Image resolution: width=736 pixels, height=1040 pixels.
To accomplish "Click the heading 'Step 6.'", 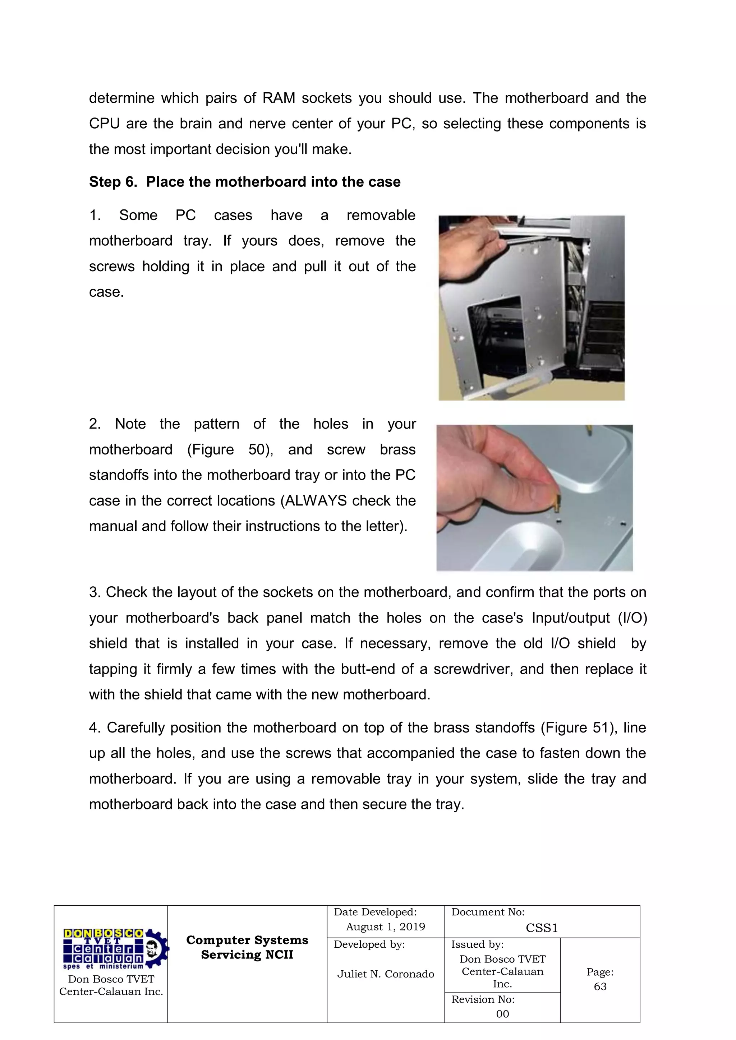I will tap(113, 182).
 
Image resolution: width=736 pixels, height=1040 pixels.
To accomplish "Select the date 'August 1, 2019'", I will tap(385, 927).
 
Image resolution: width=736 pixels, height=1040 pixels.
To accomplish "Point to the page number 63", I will tap(600, 986).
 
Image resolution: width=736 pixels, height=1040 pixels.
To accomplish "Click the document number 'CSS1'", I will tap(542, 928).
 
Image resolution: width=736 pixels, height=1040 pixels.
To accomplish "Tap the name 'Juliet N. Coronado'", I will tap(385, 974).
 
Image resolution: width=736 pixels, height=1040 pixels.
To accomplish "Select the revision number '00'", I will tap(502, 1014).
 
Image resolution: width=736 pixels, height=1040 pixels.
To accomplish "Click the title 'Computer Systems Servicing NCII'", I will tap(247, 947).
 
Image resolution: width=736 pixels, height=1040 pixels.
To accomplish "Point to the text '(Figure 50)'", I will tap(230, 449).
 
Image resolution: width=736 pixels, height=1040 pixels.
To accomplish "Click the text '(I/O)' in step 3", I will tap(632, 618).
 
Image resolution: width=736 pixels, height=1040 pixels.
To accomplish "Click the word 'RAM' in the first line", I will tap(279, 98).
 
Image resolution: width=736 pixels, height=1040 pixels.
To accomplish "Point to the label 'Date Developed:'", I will tap(375, 912).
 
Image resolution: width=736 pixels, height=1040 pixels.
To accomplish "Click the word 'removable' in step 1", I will tap(381, 215).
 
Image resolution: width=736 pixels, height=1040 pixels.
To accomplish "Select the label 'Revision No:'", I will tap(483, 999).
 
